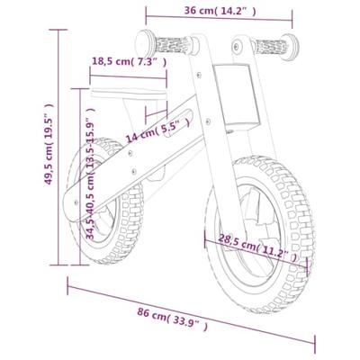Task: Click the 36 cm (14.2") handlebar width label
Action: pos(220,11)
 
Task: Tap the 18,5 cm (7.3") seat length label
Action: pos(129,61)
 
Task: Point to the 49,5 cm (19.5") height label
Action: pos(49,144)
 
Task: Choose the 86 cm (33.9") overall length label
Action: pos(172,319)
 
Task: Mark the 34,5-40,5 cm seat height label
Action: pos(90,173)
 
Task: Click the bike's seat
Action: pos(129,94)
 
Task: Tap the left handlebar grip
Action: pos(172,45)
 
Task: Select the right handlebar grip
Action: pos(271,47)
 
